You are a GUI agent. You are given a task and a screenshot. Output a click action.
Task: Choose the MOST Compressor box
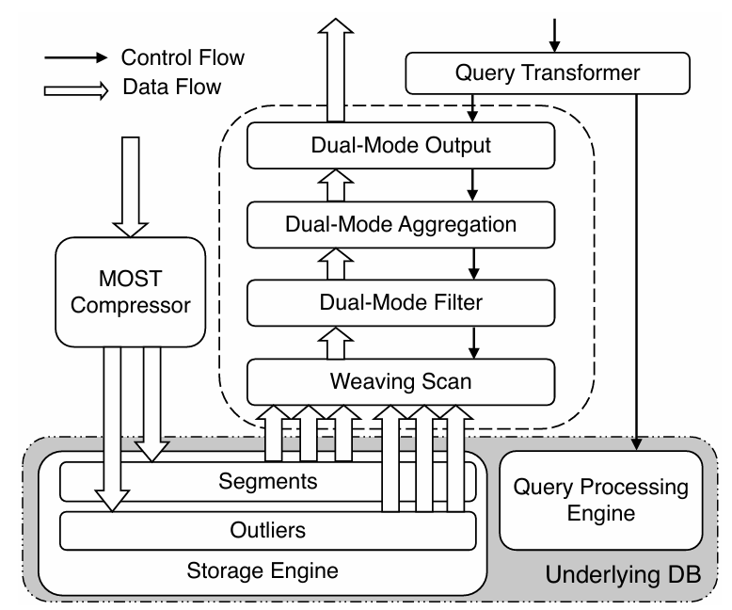click(x=130, y=291)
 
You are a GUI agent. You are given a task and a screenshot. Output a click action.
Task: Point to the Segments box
click(x=268, y=481)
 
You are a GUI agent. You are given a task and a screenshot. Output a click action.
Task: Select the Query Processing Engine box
click(x=599, y=500)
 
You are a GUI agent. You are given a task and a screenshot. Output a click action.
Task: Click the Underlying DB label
click(x=623, y=574)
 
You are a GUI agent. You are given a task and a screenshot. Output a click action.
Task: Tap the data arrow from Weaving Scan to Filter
click(x=334, y=344)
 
